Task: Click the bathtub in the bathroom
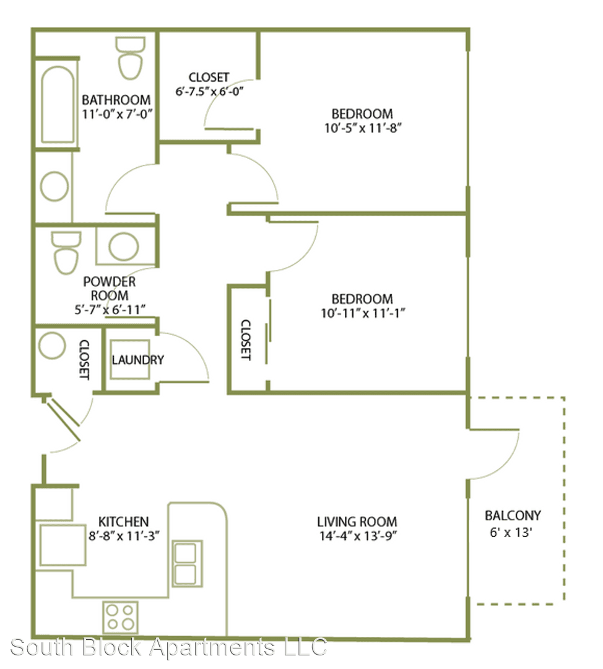pyautogui.click(x=58, y=105)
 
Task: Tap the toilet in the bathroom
pyautogui.click(x=130, y=58)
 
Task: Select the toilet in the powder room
pyautogui.click(x=66, y=252)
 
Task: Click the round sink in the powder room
pyautogui.click(x=124, y=247)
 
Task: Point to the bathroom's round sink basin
pyautogui.click(x=54, y=186)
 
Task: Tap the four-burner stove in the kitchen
pyautogui.click(x=120, y=618)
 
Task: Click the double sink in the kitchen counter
pyautogui.click(x=187, y=564)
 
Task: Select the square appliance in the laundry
pyautogui.click(x=130, y=360)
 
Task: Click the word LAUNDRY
pyautogui.click(x=137, y=360)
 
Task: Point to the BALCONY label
pyautogui.click(x=513, y=515)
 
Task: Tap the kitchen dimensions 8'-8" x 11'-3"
pyautogui.click(x=124, y=535)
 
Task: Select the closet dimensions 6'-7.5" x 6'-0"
pyautogui.click(x=209, y=91)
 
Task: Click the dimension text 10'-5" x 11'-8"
pyautogui.click(x=363, y=128)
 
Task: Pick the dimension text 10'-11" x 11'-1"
pyautogui.click(x=363, y=313)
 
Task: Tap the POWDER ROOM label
pyautogui.click(x=110, y=289)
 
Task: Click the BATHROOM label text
pyautogui.click(x=116, y=100)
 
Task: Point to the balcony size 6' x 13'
pyautogui.click(x=511, y=533)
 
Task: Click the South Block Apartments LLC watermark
pyautogui.click(x=168, y=647)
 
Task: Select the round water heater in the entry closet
pyautogui.click(x=52, y=345)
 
